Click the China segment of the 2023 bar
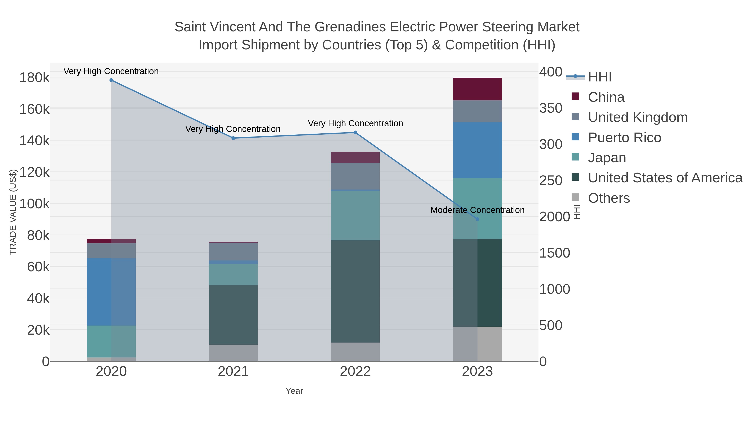(x=477, y=89)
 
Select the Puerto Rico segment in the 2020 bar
(x=111, y=292)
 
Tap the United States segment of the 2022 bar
(x=355, y=291)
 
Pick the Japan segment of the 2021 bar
(x=233, y=275)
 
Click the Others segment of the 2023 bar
(x=477, y=344)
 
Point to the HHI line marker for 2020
(x=111, y=80)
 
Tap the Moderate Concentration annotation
(x=477, y=210)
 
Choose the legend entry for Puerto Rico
(x=624, y=138)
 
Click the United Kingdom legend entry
(x=638, y=117)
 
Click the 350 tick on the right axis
(x=551, y=108)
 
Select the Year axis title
(x=294, y=391)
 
